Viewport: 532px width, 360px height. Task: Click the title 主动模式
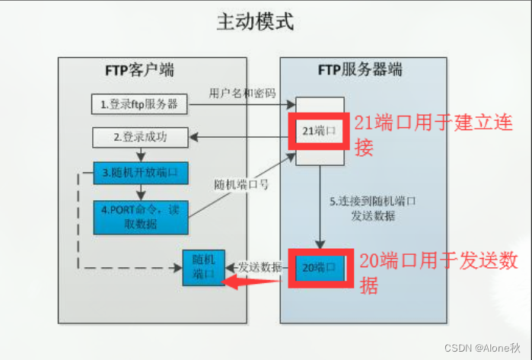pos(265,22)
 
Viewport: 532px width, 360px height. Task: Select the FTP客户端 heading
pos(139,71)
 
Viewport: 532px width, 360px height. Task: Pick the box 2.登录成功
pos(139,138)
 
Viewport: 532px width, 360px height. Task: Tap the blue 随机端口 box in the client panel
pos(203,267)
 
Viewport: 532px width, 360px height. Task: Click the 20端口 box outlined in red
pos(318,267)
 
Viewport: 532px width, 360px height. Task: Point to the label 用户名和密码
pos(242,93)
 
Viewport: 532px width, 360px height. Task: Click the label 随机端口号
pos(242,183)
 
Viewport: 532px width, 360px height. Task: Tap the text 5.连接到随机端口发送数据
pos(362,209)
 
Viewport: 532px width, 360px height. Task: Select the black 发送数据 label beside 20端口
pos(260,267)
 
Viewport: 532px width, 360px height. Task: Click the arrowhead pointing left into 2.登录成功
pos(193,137)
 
